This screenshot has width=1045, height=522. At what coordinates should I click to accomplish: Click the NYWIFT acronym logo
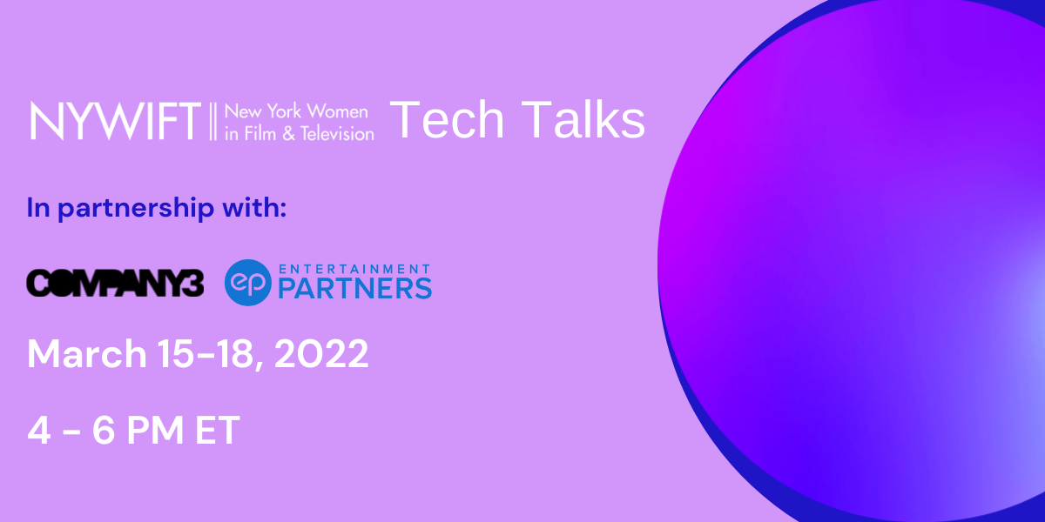pyautogui.click(x=115, y=121)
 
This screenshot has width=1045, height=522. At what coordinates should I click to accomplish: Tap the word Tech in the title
pyautogui.click(x=447, y=119)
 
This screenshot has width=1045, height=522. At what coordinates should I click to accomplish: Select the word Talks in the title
pyautogui.click(x=583, y=119)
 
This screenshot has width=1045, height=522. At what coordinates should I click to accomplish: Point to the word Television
pyautogui.click(x=337, y=134)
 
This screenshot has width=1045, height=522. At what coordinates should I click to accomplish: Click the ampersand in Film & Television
pyautogui.click(x=289, y=134)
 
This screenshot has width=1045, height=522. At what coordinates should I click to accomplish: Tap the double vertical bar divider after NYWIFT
pyautogui.click(x=212, y=121)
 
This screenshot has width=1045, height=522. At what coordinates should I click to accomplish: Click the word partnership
pyautogui.click(x=136, y=208)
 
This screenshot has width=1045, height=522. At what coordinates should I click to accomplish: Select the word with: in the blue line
pyautogui.click(x=254, y=207)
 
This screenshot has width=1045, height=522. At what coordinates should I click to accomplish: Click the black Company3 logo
pyautogui.click(x=115, y=283)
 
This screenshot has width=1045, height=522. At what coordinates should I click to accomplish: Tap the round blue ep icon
pyautogui.click(x=247, y=283)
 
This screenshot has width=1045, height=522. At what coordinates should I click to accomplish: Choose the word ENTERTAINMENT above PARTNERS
pyautogui.click(x=354, y=269)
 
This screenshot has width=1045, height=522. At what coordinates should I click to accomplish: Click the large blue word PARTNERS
pyautogui.click(x=355, y=289)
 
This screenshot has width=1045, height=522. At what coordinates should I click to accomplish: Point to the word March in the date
pyautogui.click(x=87, y=354)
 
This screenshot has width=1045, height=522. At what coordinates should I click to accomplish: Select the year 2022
pyautogui.click(x=321, y=354)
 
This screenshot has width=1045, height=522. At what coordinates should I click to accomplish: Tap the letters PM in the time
pyautogui.click(x=155, y=430)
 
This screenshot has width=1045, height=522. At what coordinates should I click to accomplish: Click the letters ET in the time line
pyautogui.click(x=218, y=430)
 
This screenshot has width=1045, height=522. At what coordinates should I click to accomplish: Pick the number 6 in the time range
pyautogui.click(x=104, y=430)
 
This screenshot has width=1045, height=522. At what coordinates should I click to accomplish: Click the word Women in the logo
pyautogui.click(x=337, y=111)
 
